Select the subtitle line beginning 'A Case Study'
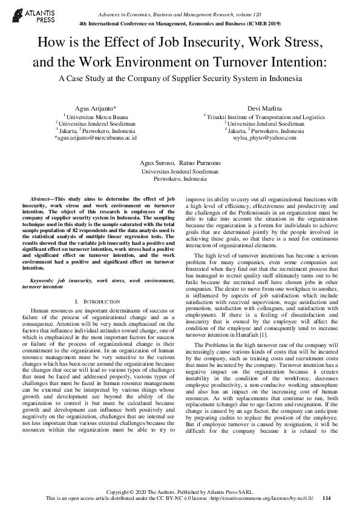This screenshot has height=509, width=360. pos(180,79)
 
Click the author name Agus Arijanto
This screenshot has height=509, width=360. pos(94,106)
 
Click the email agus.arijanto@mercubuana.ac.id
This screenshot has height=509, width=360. pos(96,138)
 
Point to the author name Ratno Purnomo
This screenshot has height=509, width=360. pos(200,164)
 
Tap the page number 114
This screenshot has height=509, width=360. pos(327,498)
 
